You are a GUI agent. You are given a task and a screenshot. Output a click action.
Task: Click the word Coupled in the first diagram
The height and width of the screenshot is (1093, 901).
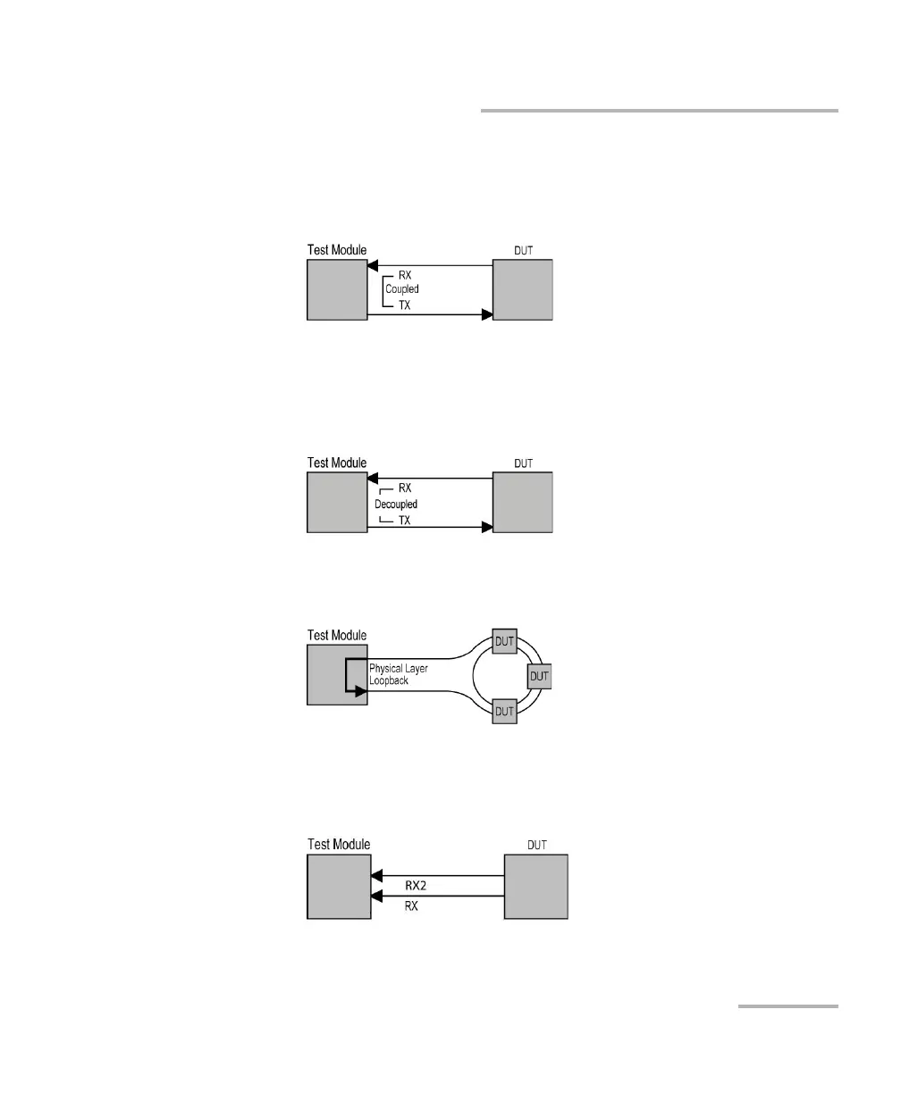point(401,289)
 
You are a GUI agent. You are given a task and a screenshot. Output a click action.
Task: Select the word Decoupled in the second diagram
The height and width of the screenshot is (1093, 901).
point(396,505)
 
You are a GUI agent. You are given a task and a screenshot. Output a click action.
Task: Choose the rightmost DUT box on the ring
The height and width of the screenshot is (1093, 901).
point(539,676)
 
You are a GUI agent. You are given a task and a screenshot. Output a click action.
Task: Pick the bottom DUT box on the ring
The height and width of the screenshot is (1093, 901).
point(504,711)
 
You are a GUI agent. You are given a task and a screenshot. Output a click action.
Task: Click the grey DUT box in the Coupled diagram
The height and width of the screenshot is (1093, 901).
point(523,289)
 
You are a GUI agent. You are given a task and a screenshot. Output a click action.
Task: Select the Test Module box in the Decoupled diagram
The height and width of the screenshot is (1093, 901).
point(337,503)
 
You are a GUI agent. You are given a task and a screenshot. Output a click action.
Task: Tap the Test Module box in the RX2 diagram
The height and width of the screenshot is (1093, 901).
point(339,886)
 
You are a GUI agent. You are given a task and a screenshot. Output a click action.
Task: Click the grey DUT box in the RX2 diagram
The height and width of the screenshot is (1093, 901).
point(535,886)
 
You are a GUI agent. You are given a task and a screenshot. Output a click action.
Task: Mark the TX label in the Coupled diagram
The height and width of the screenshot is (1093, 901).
point(404,305)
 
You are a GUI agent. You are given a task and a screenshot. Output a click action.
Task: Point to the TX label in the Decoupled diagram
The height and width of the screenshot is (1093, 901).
point(404,521)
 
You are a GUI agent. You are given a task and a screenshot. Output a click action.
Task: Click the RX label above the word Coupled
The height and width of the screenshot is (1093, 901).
point(404,274)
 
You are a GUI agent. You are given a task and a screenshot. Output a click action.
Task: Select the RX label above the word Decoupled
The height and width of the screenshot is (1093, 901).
point(404,488)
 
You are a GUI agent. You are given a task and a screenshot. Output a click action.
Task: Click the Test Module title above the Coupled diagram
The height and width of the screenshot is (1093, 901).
point(337,250)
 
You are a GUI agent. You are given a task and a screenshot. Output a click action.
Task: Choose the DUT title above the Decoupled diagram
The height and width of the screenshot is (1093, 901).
point(524,464)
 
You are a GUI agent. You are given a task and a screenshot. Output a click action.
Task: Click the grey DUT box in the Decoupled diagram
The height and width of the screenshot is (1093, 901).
point(523,503)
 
